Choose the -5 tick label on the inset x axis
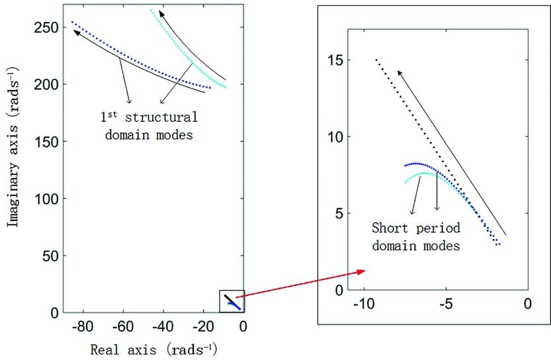[445, 304]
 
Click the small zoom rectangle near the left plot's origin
[232, 301]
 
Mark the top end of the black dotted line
[376, 60]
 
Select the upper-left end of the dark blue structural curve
[72, 22]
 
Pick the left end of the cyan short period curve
[405, 181]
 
